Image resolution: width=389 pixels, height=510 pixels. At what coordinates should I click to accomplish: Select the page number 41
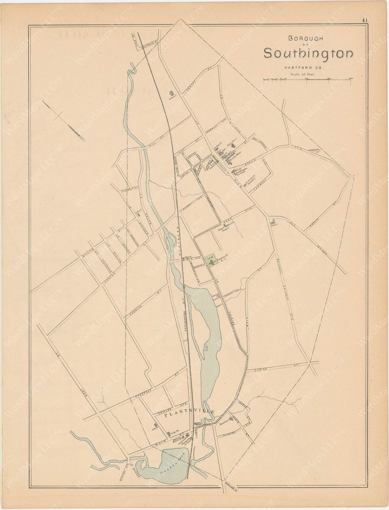point(365,21)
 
